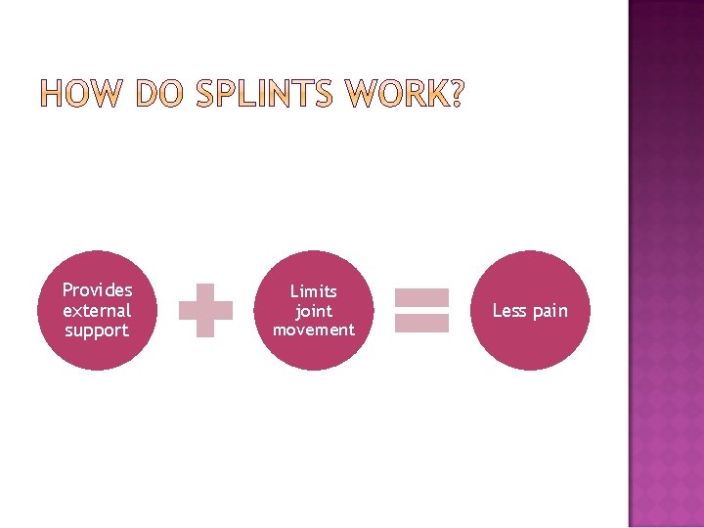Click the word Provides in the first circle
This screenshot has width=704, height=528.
pos(97,290)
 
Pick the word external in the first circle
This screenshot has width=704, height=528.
pos(97,310)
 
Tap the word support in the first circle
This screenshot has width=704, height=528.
pos(97,330)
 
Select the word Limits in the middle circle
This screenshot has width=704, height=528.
pos(313,291)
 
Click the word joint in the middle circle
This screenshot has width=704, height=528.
pos(313,311)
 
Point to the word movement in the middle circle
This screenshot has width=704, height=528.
pos(313,330)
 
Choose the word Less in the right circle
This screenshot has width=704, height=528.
pos(509,311)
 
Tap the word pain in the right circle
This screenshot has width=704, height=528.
pos(549,312)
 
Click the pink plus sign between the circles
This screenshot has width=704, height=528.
pos(205,311)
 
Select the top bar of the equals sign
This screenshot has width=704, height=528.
pos(420,297)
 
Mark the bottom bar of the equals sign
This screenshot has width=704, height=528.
pos(420,323)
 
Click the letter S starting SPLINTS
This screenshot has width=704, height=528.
pos(205,96)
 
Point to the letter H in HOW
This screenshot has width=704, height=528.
pos(55,96)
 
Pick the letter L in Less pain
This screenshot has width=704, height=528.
pos(497,311)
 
